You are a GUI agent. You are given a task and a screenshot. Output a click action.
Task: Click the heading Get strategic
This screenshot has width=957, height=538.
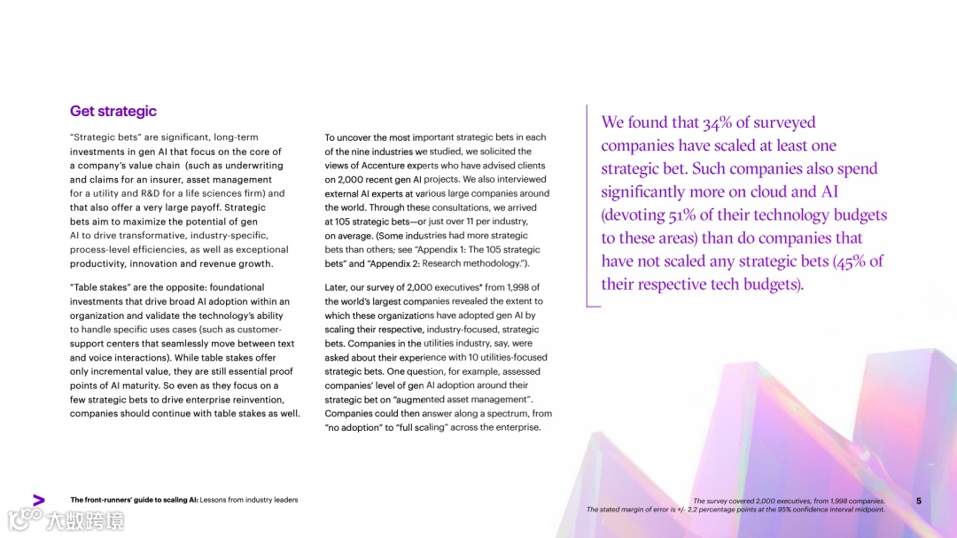113,111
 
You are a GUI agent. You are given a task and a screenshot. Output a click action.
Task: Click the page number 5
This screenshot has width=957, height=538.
919,501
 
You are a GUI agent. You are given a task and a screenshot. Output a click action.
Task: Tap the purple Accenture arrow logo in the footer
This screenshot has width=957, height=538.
38,500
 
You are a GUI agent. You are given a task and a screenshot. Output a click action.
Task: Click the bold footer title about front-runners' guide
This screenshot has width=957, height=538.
134,500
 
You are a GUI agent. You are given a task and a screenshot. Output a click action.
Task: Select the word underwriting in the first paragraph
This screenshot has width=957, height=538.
253,166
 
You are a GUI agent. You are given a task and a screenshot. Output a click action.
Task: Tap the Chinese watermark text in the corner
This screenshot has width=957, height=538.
85,520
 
